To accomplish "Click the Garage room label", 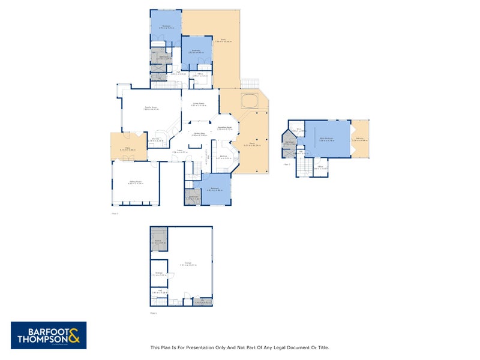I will point(188,263).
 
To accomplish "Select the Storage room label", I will point(158,274).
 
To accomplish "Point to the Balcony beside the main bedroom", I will point(360,139).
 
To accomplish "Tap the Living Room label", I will point(199,104).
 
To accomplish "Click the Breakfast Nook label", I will point(225,128).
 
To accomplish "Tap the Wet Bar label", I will point(155,139).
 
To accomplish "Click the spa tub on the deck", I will point(249,100).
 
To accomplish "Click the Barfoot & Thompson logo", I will point(49,335).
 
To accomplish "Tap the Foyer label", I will point(179,151).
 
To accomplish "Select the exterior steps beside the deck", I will point(248,83).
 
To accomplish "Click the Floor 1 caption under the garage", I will point(153,313).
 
